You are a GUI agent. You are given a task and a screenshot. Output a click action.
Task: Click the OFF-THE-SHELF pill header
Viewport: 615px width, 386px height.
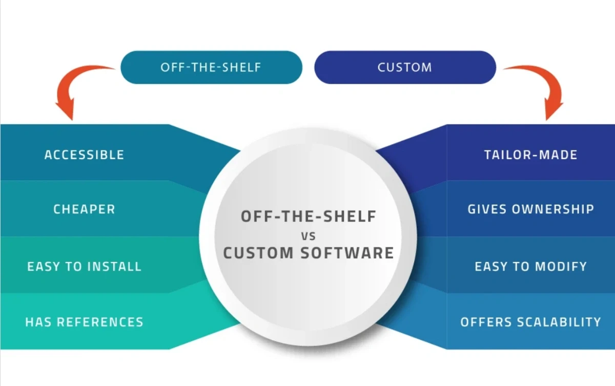[211, 67]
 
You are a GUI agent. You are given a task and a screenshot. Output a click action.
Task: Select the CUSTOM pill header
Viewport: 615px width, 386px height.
[405, 67]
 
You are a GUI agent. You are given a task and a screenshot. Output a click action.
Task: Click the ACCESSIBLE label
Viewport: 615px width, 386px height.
[84, 155]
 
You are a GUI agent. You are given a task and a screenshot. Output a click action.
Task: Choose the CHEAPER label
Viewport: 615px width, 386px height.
[84, 209]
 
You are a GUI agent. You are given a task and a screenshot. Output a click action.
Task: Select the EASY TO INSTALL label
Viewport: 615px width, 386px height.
[84, 266]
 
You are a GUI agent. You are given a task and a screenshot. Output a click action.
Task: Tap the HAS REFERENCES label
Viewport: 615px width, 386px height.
[84, 322]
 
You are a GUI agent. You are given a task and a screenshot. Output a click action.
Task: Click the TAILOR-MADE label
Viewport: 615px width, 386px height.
[530, 155]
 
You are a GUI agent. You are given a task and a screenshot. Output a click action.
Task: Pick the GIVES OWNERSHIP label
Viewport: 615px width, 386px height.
[530, 209]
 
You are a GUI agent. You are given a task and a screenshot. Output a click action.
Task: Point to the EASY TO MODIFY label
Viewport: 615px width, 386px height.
[530, 266]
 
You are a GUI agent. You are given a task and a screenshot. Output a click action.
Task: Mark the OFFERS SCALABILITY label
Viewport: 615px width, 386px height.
[530, 322]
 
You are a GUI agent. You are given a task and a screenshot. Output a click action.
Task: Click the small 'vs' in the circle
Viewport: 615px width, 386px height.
[309, 236]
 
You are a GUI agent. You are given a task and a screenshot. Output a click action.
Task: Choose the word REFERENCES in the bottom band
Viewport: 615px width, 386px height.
[99, 322]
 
